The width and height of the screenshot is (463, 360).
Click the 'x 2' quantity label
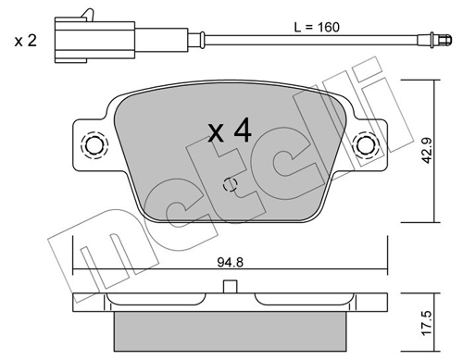[26, 41]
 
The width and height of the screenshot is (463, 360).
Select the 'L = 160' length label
[317, 27]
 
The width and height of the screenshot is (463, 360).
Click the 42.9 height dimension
[427, 151]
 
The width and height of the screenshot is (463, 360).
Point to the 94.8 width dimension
[231, 263]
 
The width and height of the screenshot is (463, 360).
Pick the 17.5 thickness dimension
[428, 323]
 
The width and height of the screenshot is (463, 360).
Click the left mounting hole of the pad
[94, 145]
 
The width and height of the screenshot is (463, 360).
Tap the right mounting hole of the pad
[367, 145]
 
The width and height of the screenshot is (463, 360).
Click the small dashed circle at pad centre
[230, 184]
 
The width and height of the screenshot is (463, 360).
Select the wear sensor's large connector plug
[94, 40]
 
